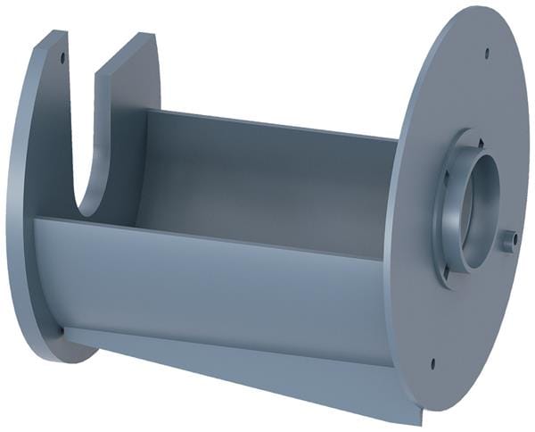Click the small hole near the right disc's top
(486, 53)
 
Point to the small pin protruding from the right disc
(509, 239)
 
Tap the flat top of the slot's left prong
(52, 38)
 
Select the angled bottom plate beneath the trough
(267, 375)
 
